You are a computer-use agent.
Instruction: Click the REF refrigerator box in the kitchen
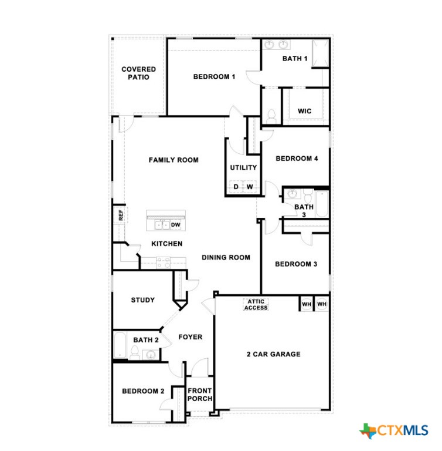pos(120,216)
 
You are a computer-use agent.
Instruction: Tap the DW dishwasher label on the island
pos(175,224)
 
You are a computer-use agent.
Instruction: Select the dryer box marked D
pos(236,187)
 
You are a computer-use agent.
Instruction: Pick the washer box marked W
pos(250,187)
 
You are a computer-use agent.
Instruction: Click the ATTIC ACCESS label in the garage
pos(256,305)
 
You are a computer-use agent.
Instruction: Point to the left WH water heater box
pos(307,304)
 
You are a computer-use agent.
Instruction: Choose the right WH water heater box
pos(321,304)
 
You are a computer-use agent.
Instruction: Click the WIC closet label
pos(304,111)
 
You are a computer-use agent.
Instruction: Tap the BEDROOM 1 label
pos(214,76)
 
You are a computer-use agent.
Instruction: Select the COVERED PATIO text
pos(139,73)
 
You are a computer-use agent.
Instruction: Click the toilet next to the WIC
pos(271,116)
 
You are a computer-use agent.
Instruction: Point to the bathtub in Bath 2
pos(120,345)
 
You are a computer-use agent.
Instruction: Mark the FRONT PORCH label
pos(199,395)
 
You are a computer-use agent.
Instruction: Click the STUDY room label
pos(142,300)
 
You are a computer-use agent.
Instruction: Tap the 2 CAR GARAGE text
pos(273,354)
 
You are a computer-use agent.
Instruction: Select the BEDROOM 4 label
pos(297,158)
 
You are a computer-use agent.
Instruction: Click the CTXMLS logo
pos(394,430)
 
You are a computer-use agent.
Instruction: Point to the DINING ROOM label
pos(226,257)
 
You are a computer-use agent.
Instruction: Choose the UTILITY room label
pos(243,167)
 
